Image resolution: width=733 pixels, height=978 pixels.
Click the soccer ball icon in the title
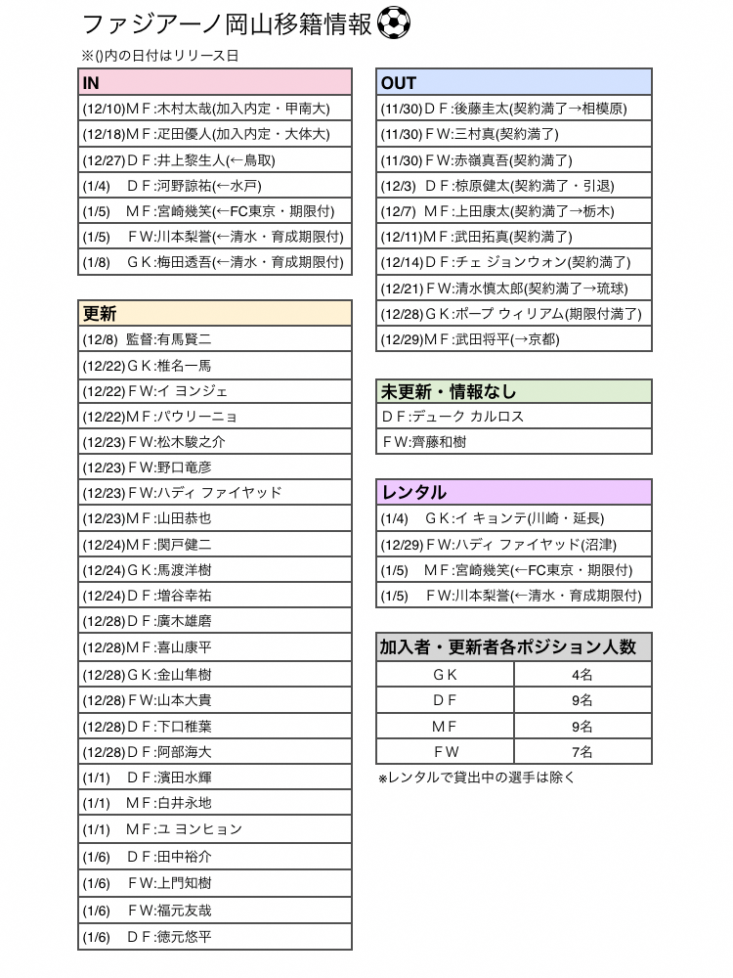pos(393,23)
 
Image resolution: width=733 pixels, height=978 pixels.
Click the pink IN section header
pos(215,82)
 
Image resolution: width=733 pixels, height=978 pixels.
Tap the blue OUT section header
pos(514,82)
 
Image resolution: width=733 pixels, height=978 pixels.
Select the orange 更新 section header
pos(215,313)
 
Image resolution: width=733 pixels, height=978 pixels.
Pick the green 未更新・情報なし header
pos(514,391)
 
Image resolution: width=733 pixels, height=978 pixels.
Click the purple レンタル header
pos(514,492)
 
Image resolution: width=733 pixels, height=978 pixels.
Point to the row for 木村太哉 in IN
pos(215,109)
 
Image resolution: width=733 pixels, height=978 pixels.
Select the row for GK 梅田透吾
pos(215,262)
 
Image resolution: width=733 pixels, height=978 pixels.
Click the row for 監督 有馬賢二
pos(215,339)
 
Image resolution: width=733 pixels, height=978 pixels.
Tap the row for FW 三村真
pos(514,134)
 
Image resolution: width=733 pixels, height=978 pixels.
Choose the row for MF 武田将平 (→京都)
pos(514,339)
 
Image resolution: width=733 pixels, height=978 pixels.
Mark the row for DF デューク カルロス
pos(514,416)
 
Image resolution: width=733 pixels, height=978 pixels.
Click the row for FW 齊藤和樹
pos(514,441)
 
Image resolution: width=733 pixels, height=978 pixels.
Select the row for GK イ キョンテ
pos(514,518)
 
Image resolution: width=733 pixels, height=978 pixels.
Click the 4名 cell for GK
pos(582,674)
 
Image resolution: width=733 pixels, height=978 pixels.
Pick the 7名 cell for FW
pos(582,751)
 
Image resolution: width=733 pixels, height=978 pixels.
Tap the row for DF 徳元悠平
pos(215,936)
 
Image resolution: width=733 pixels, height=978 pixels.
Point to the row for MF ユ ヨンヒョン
pos(215,828)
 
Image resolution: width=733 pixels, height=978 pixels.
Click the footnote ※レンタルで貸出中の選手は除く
pos(477,778)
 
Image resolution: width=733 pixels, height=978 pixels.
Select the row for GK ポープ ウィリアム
pos(514,313)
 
